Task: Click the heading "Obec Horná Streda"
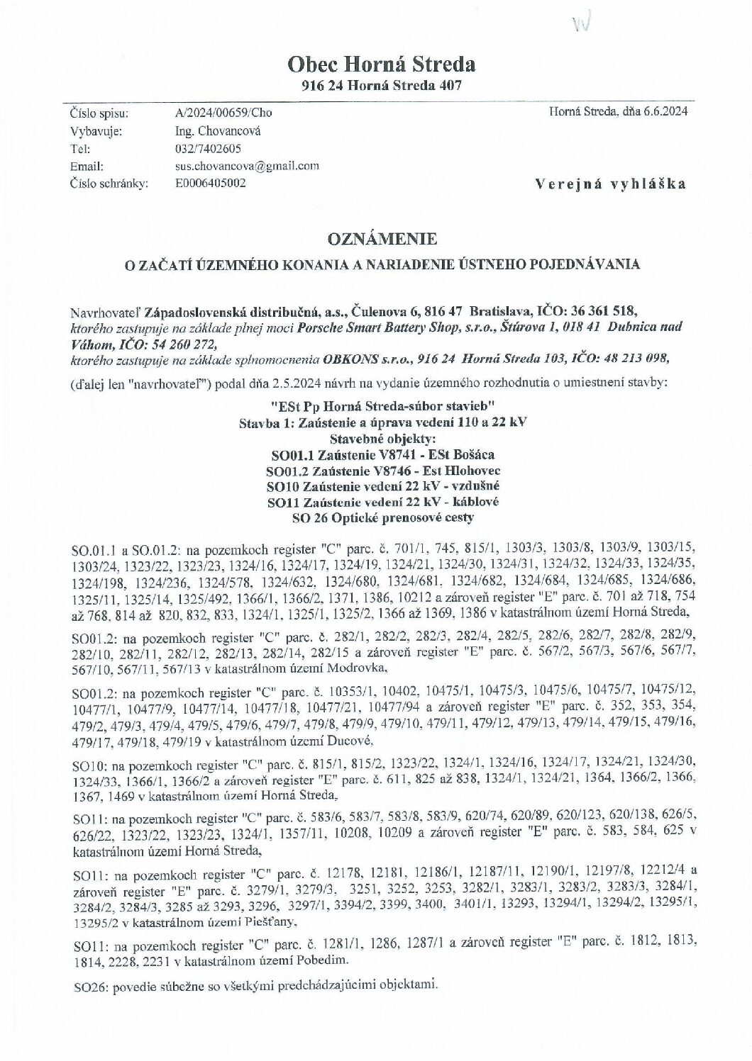pos(381,65)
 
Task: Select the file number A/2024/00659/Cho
pos(223,113)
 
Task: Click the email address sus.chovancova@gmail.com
pos(246,167)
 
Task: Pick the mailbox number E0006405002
pos(211,184)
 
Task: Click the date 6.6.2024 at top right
pos(666,111)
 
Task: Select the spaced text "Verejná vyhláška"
pos(611,184)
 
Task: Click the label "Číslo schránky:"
pos(109,184)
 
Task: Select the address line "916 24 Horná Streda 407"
pos(382,86)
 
